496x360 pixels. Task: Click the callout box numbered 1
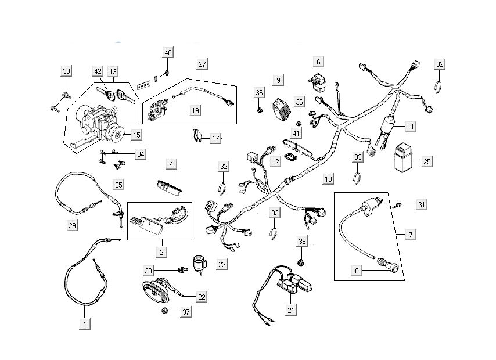click(85, 322)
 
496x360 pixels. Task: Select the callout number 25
click(427, 161)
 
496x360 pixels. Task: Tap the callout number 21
click(291, 310)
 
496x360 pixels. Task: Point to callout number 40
click(168, 52)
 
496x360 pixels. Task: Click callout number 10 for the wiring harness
click(329, 180)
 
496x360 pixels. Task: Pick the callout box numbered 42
click(98, 71)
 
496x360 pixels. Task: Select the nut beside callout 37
click(166, 312)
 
